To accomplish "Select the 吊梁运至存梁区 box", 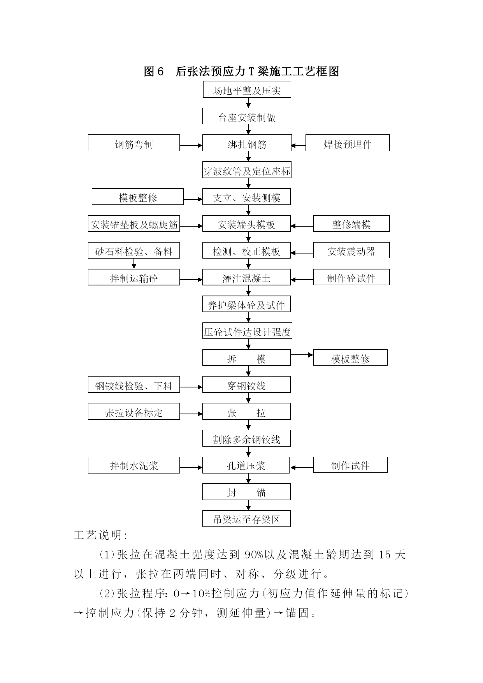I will coord(246,519).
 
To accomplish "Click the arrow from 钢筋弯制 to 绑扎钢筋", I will coord(191,146).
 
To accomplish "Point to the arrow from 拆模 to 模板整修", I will coord(302,355).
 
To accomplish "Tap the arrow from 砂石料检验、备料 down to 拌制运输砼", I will coord(134,264).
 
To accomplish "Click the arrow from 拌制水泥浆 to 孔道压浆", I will coord(191,468).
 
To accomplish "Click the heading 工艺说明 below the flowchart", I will coord(100,535).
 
